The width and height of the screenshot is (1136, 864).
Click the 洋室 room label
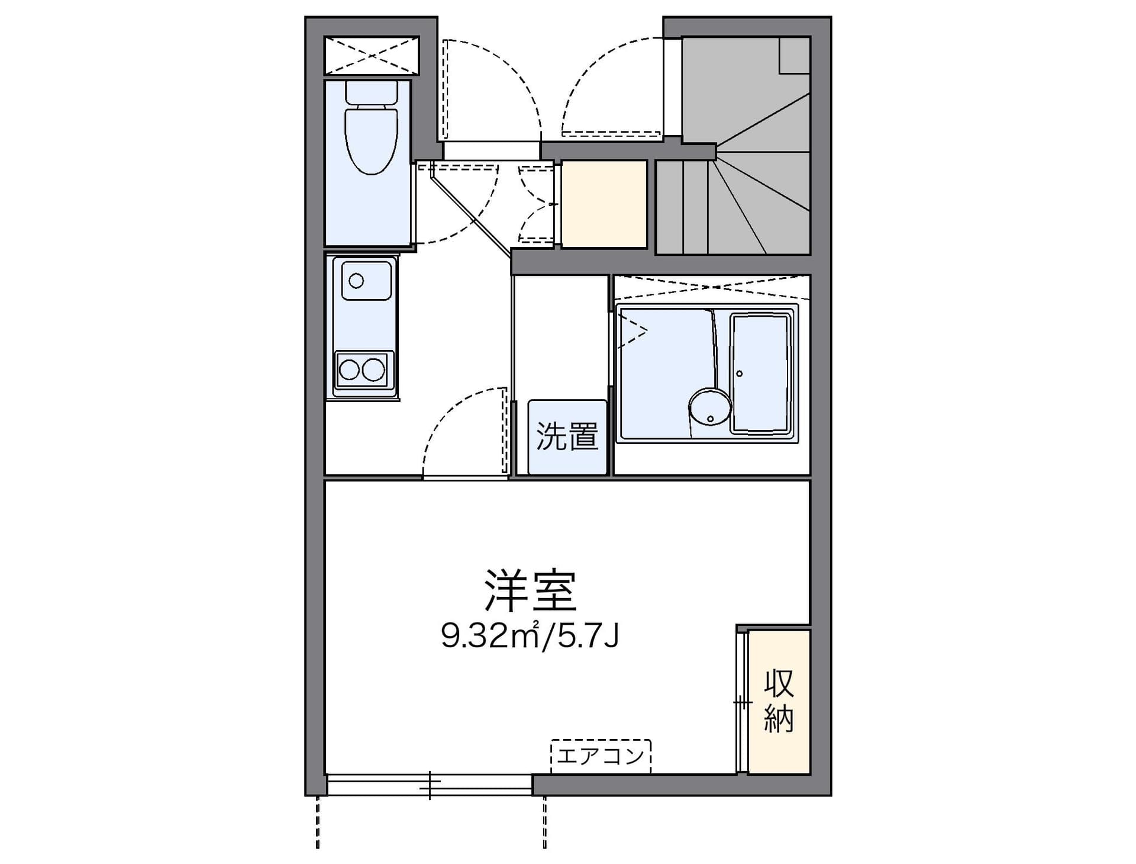coord(531,590)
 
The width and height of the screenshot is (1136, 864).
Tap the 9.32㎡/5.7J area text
coord(530,636)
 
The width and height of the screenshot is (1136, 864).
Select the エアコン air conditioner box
coord(601,756)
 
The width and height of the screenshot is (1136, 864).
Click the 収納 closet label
coord(779,701)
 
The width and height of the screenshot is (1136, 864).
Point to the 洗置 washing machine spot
coord(567,437)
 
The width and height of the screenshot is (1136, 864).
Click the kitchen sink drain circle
coord(356,281)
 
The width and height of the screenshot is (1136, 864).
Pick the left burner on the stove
coord(349,370)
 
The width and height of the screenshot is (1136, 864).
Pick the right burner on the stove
coord(373,370)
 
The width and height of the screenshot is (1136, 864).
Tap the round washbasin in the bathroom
coord(710,407)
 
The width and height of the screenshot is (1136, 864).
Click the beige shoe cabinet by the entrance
coord(604,204)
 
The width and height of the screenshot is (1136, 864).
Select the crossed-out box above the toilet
coord(372,56)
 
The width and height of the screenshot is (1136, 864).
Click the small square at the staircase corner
coord(794,56)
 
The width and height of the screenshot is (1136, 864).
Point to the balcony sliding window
coord(430,785)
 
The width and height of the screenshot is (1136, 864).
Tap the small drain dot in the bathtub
coord(739,373)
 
